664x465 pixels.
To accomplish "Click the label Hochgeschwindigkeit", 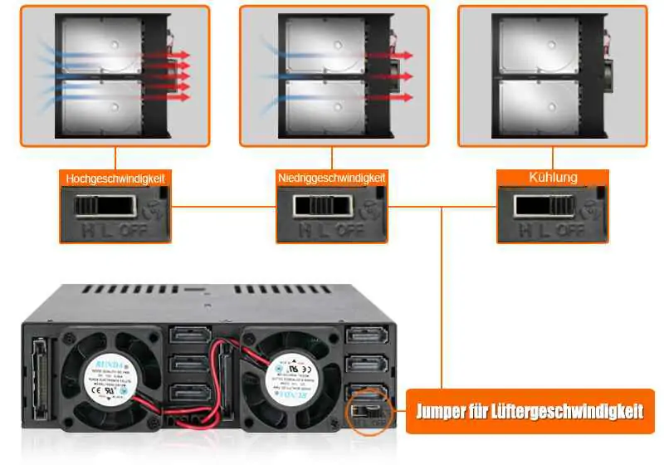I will click(x=115, y=179).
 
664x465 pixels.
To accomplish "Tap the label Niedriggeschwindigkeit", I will click(x=332, y=179).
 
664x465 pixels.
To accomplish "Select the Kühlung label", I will click(x=553, y=178).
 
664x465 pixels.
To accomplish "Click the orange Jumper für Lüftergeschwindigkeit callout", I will click(x=530, y=411).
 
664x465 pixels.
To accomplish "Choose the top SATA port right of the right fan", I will click(x=365, y=336).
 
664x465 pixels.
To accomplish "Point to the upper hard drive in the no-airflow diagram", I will click(x=531, y=46).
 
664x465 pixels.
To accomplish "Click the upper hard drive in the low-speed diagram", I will click(x=324, y=46).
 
